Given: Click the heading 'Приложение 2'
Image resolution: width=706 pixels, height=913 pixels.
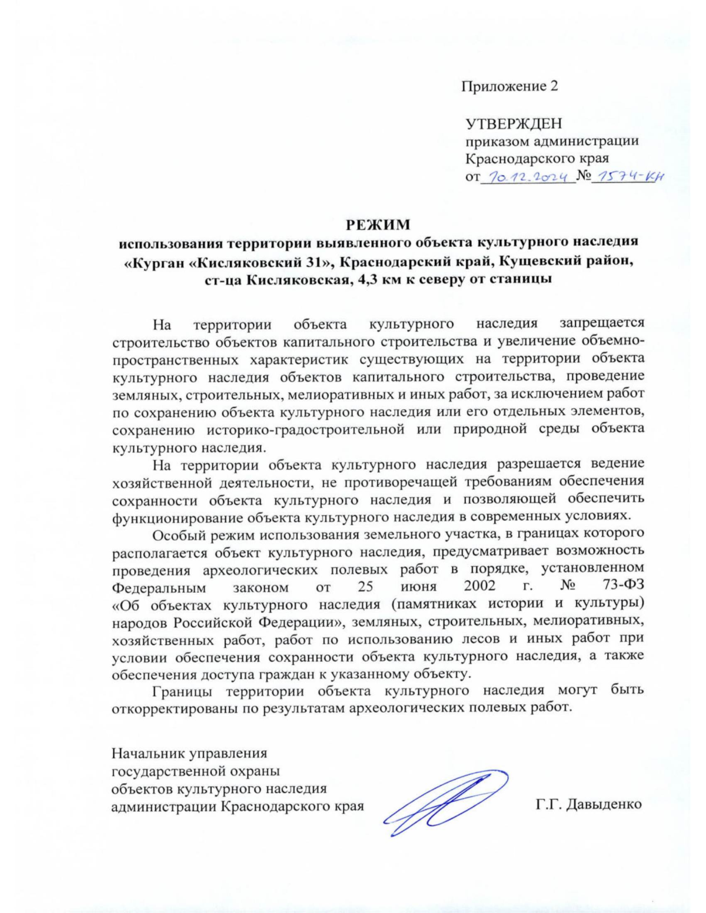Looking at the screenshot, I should coord(509,86).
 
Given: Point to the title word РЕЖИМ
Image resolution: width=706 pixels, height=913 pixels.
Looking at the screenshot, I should coord(377,225).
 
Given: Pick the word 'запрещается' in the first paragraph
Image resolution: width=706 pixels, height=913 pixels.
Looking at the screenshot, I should coord(602,323).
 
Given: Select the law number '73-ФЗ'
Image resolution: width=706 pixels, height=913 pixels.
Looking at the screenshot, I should coord(623,587).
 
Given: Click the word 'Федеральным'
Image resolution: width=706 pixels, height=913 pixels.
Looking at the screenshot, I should coord(159,587).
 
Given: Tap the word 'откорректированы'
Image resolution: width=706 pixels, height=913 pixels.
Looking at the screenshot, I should coord(172,708).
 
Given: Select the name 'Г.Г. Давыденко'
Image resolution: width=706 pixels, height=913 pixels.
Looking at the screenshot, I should coord(588,804).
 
